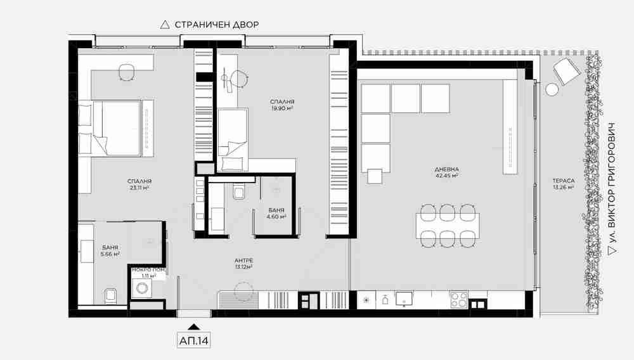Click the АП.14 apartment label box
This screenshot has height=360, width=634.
coord(194,340)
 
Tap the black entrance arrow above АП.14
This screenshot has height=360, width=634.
coord(194,327)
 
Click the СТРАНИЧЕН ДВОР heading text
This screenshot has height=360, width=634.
coord(217,25)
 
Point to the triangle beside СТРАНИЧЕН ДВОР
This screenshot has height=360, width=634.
coord(165,25)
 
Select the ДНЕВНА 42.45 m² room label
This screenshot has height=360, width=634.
coord(447,172)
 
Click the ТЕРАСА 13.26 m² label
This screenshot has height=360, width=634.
coord(564,184)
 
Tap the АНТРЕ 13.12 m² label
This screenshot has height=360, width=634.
coord(244,264)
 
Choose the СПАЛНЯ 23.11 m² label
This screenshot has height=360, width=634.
coord(139,184)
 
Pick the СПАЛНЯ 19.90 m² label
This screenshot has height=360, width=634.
coord(282,105)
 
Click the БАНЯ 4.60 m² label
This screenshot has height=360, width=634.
coord(276,214)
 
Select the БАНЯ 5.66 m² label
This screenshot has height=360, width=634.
coord(110,250)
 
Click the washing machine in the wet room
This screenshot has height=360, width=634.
coord(142,288)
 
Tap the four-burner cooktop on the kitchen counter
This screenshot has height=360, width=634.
coord(459,300)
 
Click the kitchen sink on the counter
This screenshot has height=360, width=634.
coord(403,299)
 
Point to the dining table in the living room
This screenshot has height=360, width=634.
coord(448,226)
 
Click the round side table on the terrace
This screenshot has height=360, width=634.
coord(552,89)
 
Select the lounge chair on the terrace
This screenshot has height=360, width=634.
coord(567,71)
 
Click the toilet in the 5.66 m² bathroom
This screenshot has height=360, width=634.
coord(110,296)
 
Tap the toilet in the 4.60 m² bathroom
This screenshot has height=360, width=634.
coord(238,192)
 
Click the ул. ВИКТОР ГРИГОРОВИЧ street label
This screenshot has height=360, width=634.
coord(613,188)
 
